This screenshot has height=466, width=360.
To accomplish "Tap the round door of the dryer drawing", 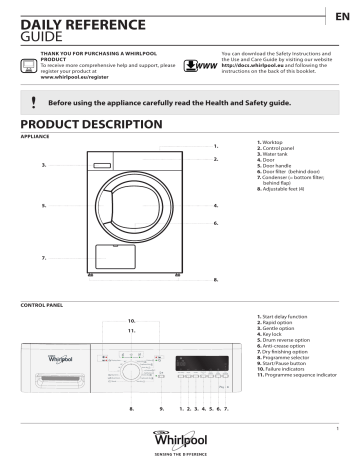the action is click(127, 209).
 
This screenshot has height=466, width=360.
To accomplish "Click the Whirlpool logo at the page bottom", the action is click(181, 440).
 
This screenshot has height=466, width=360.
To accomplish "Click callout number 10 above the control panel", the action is click(131, 320).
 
